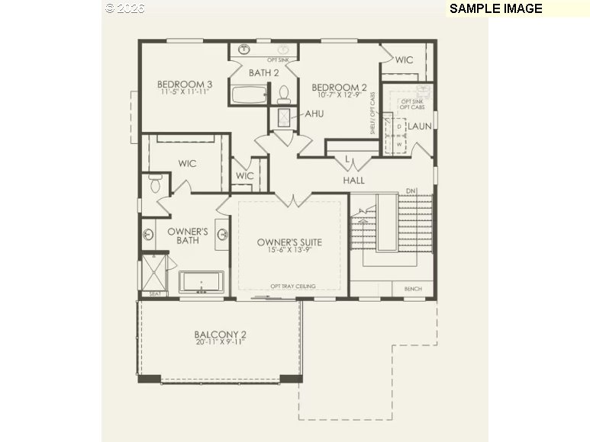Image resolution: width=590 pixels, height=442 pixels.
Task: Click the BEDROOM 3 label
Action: coord(185,84)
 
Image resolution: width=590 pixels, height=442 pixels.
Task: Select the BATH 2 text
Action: coord(264,73)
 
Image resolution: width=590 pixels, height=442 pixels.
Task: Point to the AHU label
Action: coord(314,114)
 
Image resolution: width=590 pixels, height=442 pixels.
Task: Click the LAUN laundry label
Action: coord(420,126)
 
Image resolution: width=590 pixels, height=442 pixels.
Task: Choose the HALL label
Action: coord(353,181)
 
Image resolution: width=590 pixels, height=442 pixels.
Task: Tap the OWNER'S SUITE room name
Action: coord(289,242)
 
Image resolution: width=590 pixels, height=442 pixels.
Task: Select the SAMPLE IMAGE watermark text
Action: coord(495,8)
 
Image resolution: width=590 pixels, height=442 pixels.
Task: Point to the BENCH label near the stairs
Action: coord(412,289)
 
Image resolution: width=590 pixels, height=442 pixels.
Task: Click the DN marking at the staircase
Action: coord(410,191)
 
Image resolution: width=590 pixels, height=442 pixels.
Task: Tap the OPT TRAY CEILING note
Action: coord(292,287)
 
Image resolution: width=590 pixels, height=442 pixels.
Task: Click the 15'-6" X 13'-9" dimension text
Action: coord(289,251)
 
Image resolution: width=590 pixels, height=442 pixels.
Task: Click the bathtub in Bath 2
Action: coord(249,96)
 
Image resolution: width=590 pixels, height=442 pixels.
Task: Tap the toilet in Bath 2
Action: coord(284,94)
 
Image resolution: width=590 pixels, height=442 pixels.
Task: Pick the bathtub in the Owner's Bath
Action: coord(202,281)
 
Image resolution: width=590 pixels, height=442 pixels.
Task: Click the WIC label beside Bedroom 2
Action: coord(404,59)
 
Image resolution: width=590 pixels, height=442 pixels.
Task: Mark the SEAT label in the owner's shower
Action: coord(155,293)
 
